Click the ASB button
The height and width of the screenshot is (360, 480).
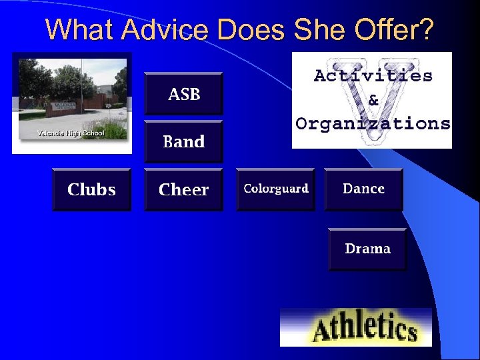click(183, 94)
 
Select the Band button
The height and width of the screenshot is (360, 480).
click(183, 141)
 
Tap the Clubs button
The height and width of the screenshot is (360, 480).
click(91, 189)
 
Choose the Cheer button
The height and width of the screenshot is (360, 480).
click(183, 189)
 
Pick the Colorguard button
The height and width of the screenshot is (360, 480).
click(275, 189)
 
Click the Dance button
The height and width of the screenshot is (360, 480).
click(363, 189)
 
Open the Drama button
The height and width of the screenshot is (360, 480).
click(367, 249)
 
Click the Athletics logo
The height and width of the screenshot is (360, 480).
click(355, 327)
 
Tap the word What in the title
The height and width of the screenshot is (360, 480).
click(72, 29)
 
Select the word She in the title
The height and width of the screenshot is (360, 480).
click(318, 29)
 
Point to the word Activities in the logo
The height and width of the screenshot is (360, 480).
click(373, 75)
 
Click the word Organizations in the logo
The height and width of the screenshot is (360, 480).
click(373, 123)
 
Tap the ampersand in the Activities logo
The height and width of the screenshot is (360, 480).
click(373, 100)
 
